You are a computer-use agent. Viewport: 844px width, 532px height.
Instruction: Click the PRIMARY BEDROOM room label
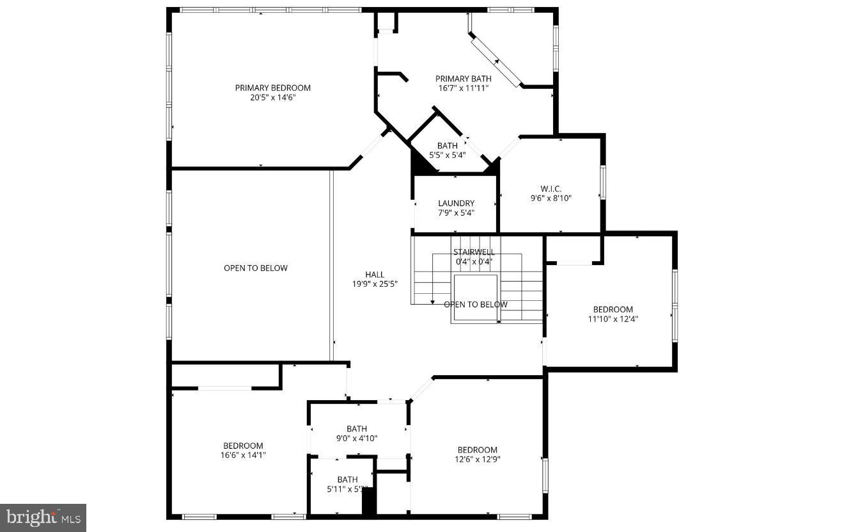pos(272,88)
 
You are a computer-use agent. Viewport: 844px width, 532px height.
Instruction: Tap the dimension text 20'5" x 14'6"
pos(272,98)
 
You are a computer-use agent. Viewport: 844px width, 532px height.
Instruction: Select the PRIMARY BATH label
pos(464,79)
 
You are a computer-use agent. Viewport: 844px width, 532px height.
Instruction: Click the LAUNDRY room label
pos(456,204)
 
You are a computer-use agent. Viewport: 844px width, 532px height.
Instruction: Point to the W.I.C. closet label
pos(551,188)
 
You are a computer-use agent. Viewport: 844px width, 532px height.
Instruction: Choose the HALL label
pos(375,275)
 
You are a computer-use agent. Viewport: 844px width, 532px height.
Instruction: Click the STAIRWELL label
pos(474,252)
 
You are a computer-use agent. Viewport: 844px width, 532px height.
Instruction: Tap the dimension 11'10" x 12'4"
pos(613,319)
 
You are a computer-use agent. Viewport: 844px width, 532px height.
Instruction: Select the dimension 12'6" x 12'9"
pos(477,459)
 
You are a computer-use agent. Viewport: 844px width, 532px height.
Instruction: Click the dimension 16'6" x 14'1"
pos(243,455)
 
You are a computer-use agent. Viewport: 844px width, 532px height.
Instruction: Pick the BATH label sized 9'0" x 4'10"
pos(357,429)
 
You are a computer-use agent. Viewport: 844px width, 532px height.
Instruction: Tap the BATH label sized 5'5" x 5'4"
pos(447,145)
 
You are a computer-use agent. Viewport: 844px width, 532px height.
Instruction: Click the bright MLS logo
pos(43,517)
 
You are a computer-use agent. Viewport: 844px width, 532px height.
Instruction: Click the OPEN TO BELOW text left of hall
pos(255,268)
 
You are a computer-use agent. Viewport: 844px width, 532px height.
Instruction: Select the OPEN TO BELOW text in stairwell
pos(476,305)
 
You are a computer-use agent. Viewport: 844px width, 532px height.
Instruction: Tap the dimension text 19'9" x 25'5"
pos(375,284)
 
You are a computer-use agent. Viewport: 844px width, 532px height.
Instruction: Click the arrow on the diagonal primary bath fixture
pos(496,60)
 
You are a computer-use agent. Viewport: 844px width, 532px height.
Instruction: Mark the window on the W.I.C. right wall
pos(602,182)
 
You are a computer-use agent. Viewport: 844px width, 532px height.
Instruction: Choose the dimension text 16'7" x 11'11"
pos(464,88)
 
